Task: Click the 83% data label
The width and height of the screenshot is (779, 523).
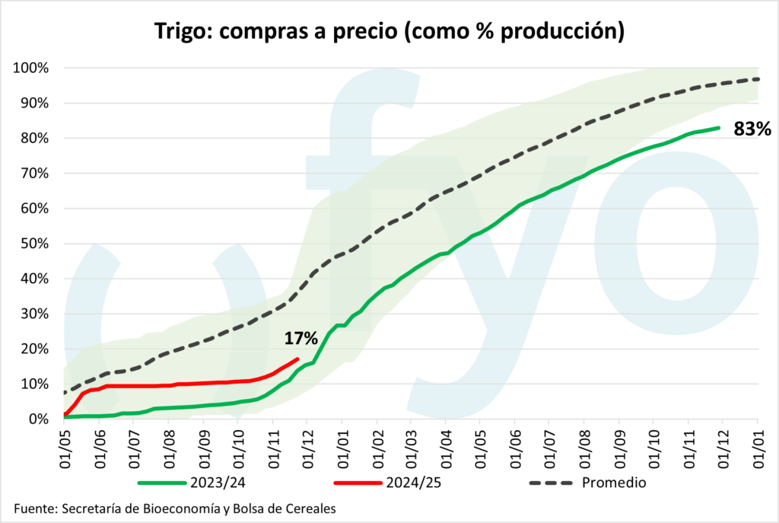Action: click(752, 129)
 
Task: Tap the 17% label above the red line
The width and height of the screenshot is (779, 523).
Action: click(301, 339)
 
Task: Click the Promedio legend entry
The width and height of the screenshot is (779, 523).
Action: click(615, 482)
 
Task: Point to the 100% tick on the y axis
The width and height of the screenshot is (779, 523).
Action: click(30, 69)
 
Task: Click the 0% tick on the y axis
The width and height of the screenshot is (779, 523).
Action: click(38, 419)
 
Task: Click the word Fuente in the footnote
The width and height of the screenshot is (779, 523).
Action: click(35, 508)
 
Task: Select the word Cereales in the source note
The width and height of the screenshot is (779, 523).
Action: click(310, 508)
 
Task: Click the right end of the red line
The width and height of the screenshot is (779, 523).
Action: click(297, 359)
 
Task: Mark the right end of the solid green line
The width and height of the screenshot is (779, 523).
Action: click(719, 128)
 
